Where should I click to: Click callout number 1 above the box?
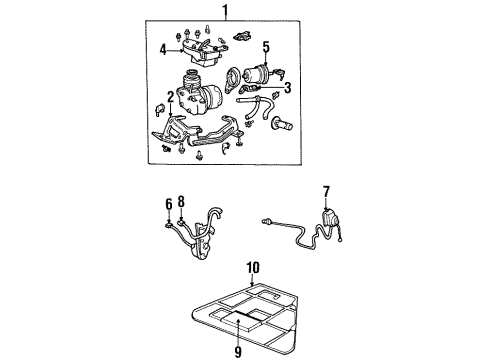pyautogui.click(x=226, y=10)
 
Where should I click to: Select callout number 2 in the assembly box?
pyautogui.click(x=170, y=97)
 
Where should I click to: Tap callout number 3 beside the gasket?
pyautogui.click(x=287, y=88)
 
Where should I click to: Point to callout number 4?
pyautogui.click(x=163, y=50)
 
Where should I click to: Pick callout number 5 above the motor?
pyautogui.click(x=266, y=47)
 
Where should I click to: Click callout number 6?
pyautogui.click(x=169, y=204)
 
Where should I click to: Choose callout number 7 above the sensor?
pyautogui.click(x=326, y=192)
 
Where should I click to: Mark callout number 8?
pyautogui.click(x=181, y=202)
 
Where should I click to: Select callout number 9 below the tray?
pyautogui.click(x=238, y=352)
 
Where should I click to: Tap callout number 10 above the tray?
pyautogui.click(x=253, y=268)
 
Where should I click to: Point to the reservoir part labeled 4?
pyautogui.click(x=202, y=53)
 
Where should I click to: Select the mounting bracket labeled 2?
pyautogui.click(x=197, y=132)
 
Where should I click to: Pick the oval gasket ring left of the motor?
pyautogui.click(x=232, y=80)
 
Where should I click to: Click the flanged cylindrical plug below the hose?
pyautogui.click(x=282, y=125)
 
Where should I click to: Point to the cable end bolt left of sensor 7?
pyautogui.click(x=265, y=221)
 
